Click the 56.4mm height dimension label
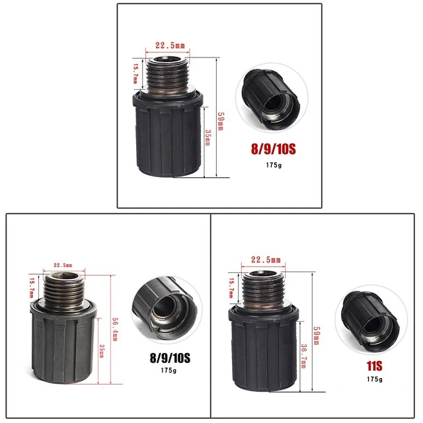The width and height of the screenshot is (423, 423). click(115, 329)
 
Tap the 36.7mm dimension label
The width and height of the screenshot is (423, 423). click(303, 356)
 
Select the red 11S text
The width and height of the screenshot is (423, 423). click(375, 366)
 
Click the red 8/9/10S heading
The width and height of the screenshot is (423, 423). click(273, 149)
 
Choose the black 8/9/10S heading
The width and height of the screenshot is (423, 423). click(170, 358)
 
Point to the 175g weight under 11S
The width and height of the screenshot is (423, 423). click(375, 379)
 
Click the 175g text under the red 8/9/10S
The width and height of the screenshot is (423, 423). click(274, 165)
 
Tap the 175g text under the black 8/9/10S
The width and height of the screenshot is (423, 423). click(169, 370)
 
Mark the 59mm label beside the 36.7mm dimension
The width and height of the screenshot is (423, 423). click(317, 336)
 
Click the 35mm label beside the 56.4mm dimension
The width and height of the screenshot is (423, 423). click(102, 351)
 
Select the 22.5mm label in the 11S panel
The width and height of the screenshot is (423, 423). click(266, 260)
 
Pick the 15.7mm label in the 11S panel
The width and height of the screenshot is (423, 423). click(231, 288)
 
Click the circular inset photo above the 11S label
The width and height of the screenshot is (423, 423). click(371, 319)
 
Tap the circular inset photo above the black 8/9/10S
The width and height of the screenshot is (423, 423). click(167, 309)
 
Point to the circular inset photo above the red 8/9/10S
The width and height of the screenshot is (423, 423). click(272, 98)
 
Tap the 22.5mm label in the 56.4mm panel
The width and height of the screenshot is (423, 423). click(63, 265)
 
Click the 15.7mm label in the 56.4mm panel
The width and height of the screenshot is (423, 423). click(32, 288)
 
